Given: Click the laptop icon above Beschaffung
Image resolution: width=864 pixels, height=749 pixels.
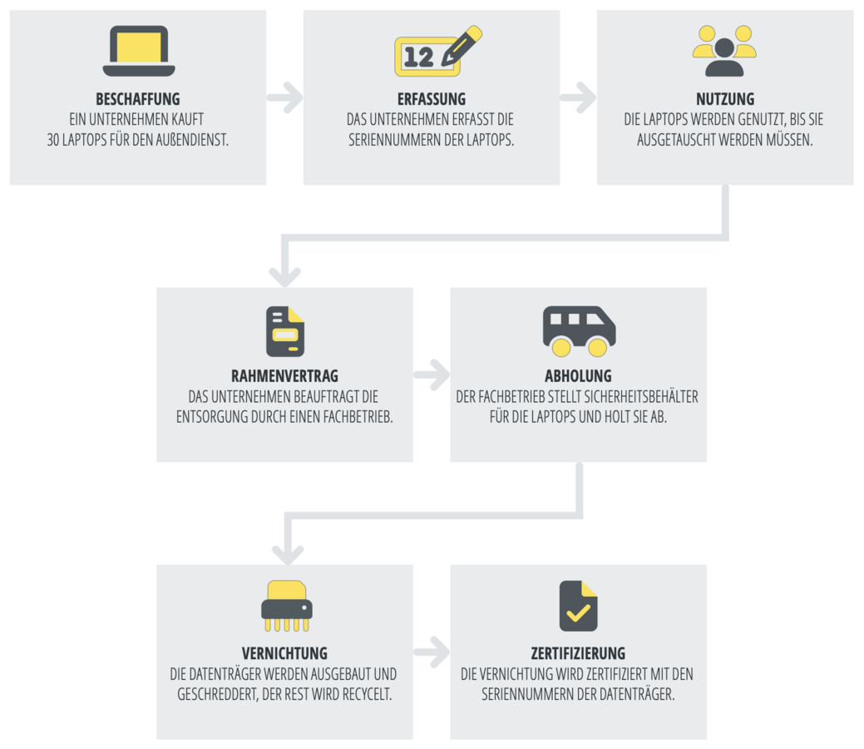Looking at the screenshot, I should point(138,51).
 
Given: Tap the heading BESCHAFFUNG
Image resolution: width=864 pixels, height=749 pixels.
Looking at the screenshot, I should point(138,99).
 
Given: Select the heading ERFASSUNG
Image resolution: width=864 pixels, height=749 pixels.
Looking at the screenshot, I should point(432,99).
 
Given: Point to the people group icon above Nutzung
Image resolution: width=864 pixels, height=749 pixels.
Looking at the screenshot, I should point(724,51).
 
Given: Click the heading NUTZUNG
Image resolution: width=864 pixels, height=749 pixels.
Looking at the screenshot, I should point(725,99).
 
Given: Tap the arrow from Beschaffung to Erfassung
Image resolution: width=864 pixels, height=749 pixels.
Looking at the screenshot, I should point(285,97).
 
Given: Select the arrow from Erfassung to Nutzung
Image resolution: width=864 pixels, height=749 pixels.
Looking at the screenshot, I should point(579,97).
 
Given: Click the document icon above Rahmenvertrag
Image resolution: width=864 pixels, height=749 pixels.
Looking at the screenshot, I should point(284,331).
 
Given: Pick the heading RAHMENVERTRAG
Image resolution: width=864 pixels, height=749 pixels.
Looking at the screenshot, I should point(284,376).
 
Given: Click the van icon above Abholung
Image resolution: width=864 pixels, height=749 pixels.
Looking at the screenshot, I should point(579,330).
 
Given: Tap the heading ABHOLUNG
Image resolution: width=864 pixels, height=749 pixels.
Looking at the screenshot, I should point(578,376).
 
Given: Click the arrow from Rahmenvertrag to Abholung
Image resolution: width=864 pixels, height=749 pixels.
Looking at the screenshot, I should point(432,375).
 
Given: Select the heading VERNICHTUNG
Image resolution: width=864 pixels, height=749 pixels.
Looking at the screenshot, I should point(284,653).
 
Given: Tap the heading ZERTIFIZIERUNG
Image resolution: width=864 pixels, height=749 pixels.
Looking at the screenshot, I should point(578,653).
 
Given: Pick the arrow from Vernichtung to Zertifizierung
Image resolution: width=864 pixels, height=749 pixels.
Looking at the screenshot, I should point(432,652).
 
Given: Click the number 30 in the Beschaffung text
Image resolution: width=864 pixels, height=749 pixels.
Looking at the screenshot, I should point(56,140).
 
